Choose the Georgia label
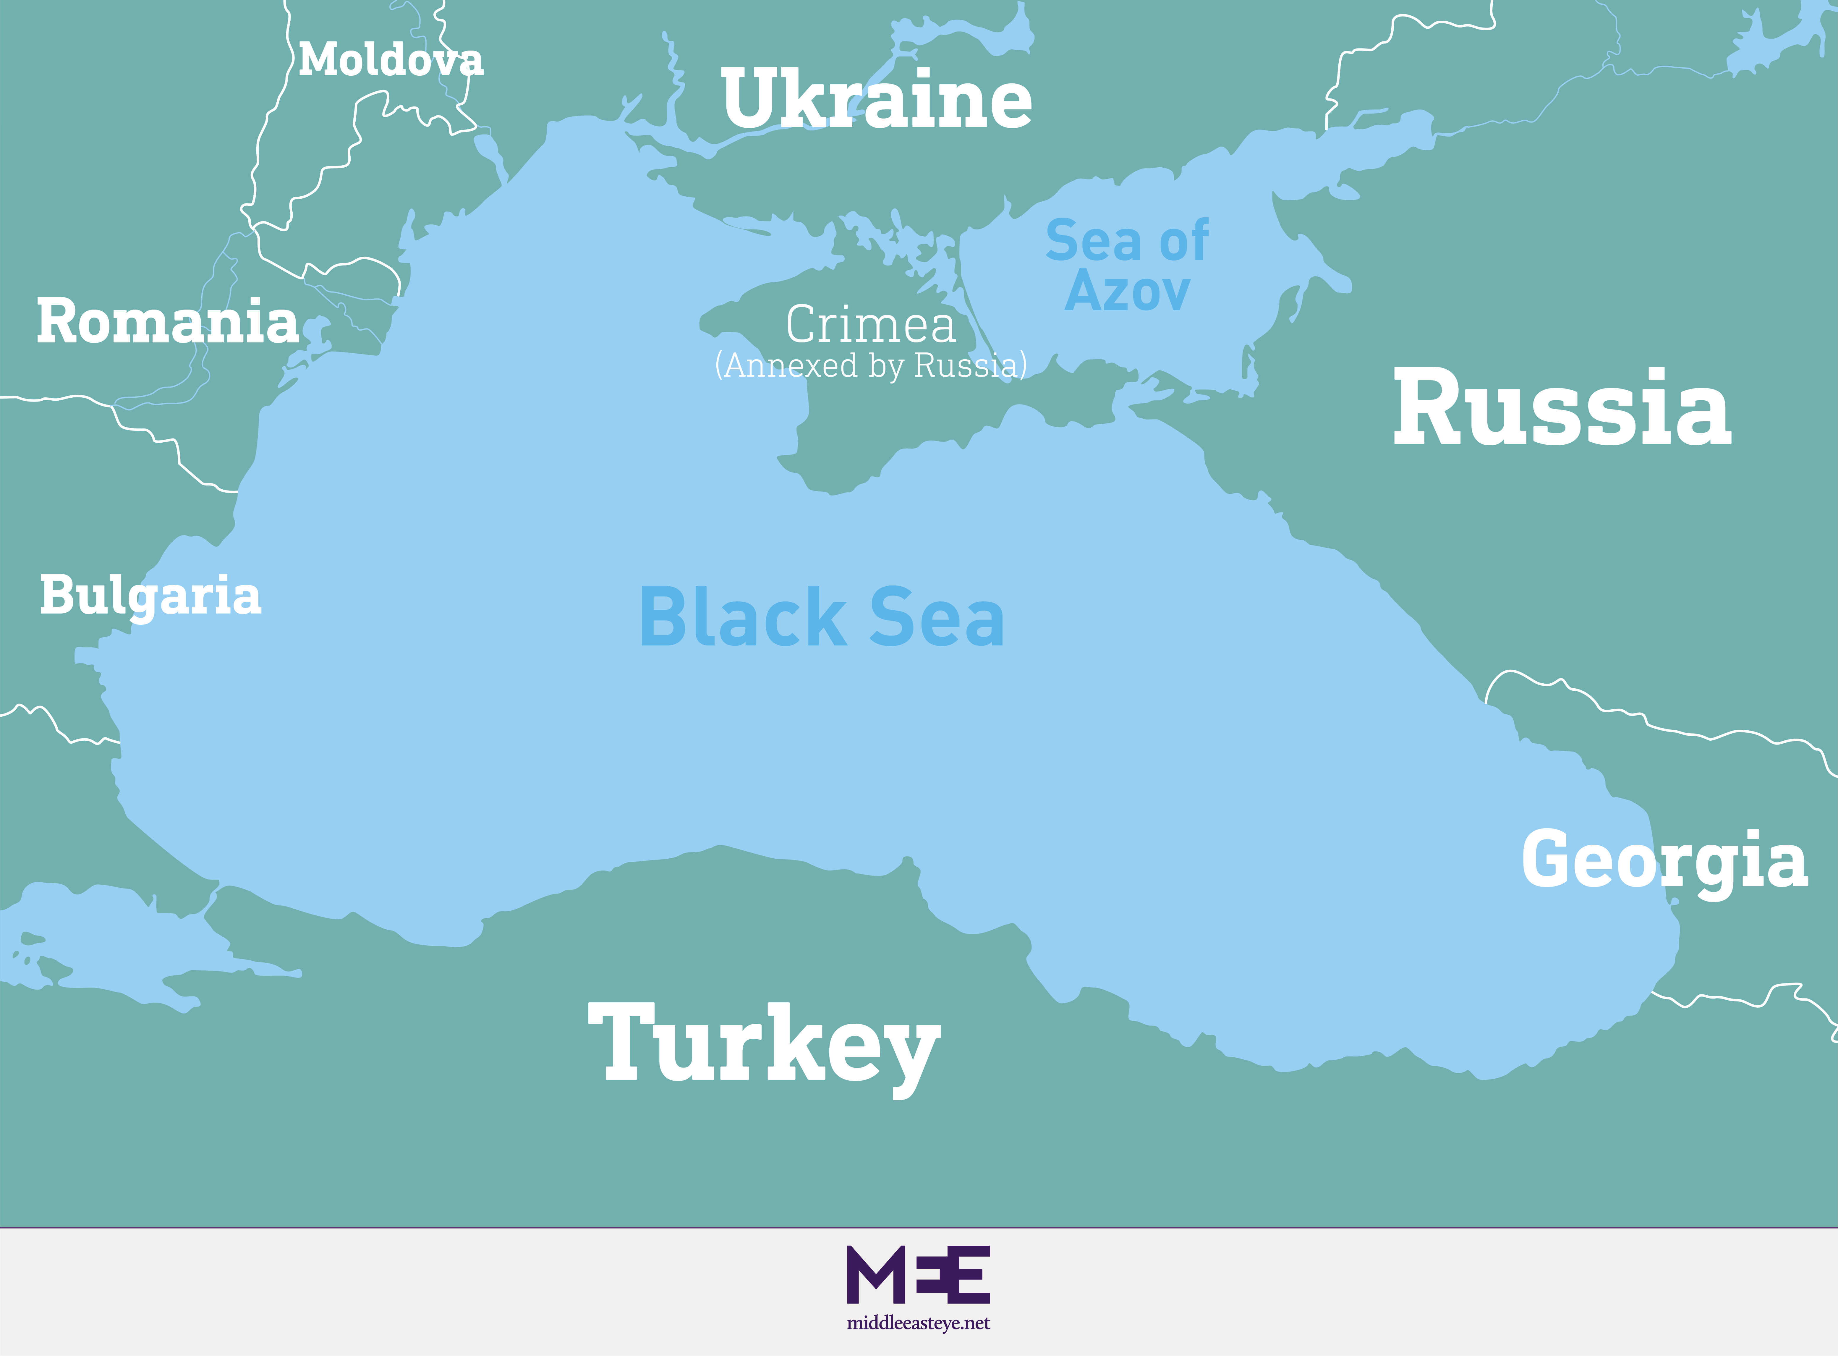pyautogui.click(x=1664, y=860)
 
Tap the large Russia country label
pyautogui.click(x=1562, y=408)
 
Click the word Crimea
pyautogui.click(x=871, y=325)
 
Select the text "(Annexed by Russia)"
pyautogui.click(x=871, y=365)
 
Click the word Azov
pyautogui.click(x=1127, y=291)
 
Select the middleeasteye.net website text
pyautogui.click(x=918, y=1323)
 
